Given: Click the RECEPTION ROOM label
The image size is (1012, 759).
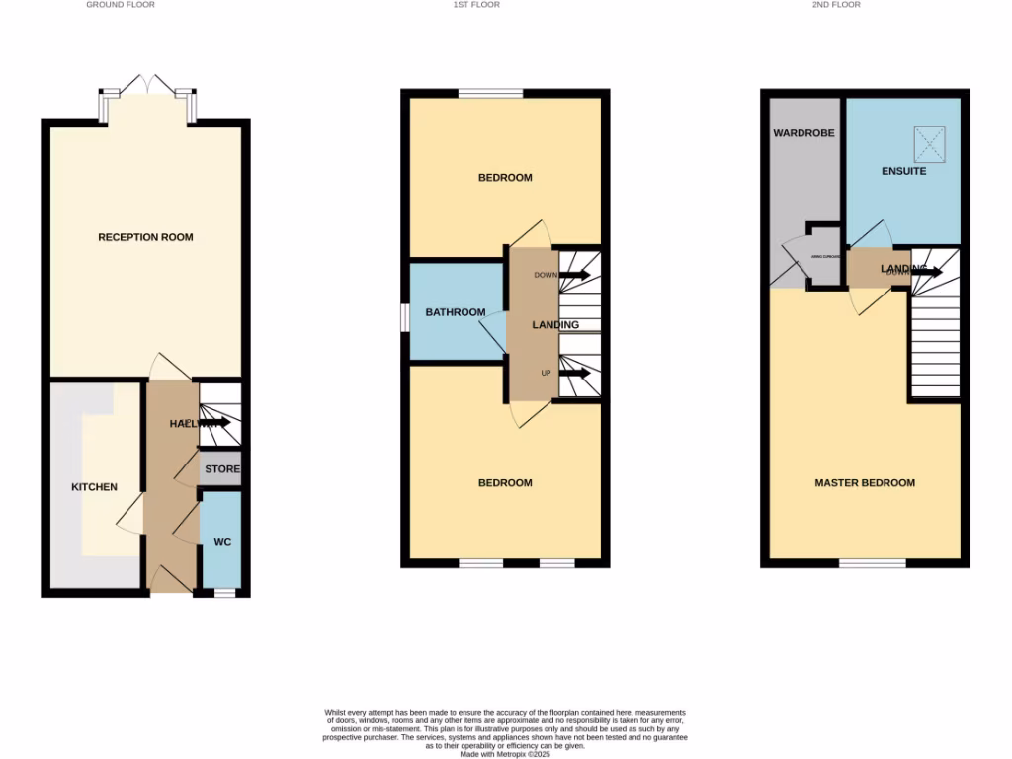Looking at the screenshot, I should coord(145,237).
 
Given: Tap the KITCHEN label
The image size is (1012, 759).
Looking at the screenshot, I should coord(94,487).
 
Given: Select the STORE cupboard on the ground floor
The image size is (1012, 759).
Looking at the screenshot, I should coord(222,469).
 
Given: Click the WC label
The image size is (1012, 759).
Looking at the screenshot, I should coord(222,543).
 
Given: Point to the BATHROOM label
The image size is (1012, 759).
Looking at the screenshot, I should coord(455,312).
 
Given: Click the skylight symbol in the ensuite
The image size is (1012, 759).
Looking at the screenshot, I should coord(930,143).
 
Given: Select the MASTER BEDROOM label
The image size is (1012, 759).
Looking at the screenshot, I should coord(864,483).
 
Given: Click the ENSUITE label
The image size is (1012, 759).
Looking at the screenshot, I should coord(903,171).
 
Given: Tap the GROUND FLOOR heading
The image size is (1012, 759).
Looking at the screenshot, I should coord(121,5).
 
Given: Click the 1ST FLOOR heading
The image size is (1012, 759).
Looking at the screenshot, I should coord(475,5).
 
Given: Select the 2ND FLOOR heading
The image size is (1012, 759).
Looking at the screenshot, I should coord(836,5).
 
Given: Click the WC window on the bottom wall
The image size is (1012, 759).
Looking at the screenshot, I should coord(224,593).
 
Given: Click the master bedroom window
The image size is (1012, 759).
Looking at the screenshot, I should coord(872,563).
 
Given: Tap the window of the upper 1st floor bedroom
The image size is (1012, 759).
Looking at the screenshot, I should coord(490,94).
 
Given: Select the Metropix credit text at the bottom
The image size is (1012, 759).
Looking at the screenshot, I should coord(505,753).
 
